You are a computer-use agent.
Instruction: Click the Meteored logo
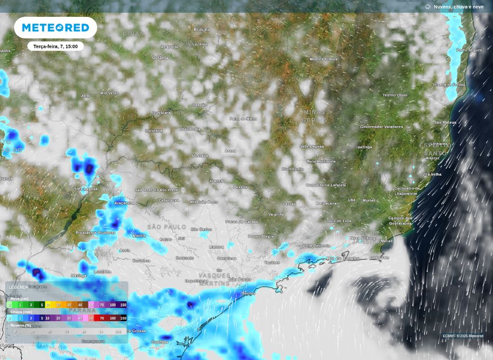coord(55,27)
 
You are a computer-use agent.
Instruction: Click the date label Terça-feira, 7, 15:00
coord(55,47)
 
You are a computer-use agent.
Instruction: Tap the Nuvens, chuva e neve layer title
coord(458,7)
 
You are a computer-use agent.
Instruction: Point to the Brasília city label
coord(202,30)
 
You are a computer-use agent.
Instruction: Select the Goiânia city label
coord(160,58)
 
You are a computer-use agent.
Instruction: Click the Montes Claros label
coord(323,59)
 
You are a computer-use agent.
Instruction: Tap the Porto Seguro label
coord(469,51)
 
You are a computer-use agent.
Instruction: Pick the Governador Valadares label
coord(381,127)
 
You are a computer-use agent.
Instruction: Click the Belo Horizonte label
coord(321,161)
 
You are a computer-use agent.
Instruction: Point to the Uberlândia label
coord(190,129)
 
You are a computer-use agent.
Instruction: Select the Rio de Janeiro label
coord(343,258)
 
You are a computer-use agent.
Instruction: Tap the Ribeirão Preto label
coord(204,202)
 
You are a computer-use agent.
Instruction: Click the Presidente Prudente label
coord(95,233)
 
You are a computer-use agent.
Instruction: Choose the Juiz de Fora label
coord(339,220)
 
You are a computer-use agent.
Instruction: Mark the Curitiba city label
coord(159,342)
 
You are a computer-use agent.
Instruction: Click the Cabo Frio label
coord(379,257)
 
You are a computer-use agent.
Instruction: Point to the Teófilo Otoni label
coord(395,95)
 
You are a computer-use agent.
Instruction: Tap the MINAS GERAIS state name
coord(314,116)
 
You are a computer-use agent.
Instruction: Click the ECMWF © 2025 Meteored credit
coord(463,336)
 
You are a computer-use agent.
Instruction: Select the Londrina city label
coord(103,271)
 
